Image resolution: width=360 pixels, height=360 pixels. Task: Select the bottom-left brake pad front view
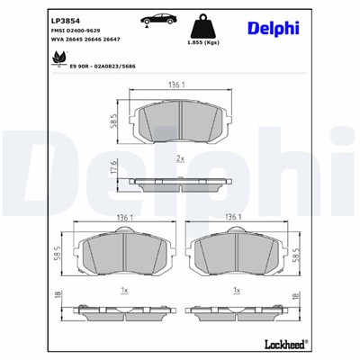point(123,255)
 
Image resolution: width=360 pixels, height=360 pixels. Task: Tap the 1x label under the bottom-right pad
point(238,291)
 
